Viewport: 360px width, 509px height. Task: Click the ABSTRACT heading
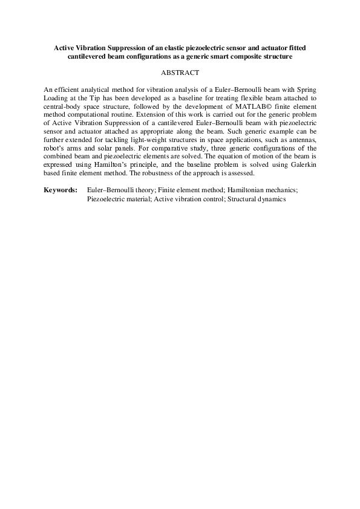coord(180,73)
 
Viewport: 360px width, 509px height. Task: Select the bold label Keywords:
coord(61,190)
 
